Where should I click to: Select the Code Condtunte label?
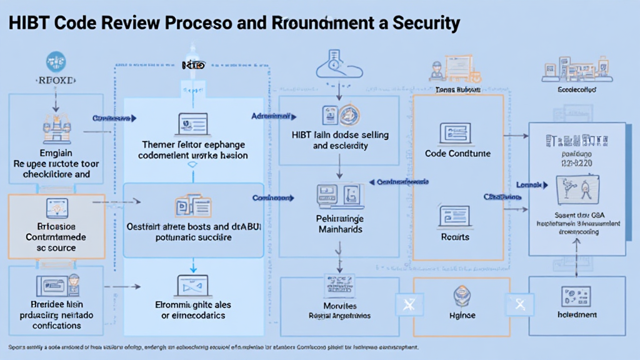click(457, 153)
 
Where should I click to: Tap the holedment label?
click(576, 315)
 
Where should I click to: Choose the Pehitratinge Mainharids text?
click(339, 224)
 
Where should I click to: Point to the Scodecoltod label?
click(576, 90)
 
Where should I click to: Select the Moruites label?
click(340, 306)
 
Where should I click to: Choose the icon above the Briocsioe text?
click(56, 209)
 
